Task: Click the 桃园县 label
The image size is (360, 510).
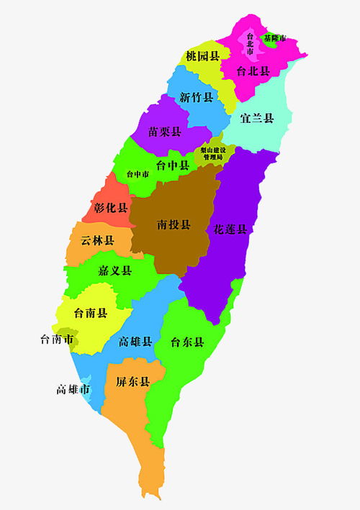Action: (202, 55)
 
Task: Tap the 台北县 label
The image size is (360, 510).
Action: (254, 71)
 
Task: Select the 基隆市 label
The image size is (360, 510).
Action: (274, 38)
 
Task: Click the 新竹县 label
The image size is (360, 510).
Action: (197, 98)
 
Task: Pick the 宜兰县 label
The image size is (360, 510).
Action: (257, 118)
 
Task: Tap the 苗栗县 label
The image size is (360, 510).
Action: (165, 132)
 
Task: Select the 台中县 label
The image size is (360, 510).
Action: (173, 165)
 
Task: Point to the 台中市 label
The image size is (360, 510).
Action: (137, 174)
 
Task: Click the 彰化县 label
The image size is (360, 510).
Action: (111, 208)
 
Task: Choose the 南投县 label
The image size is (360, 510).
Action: (174, 224)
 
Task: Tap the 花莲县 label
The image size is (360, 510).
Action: (230, 229)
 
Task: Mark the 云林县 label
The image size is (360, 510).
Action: (97, 240)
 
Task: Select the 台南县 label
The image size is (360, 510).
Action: (91, 313)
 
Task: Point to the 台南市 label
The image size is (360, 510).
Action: (57, 339)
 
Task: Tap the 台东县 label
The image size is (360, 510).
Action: (188, 342)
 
